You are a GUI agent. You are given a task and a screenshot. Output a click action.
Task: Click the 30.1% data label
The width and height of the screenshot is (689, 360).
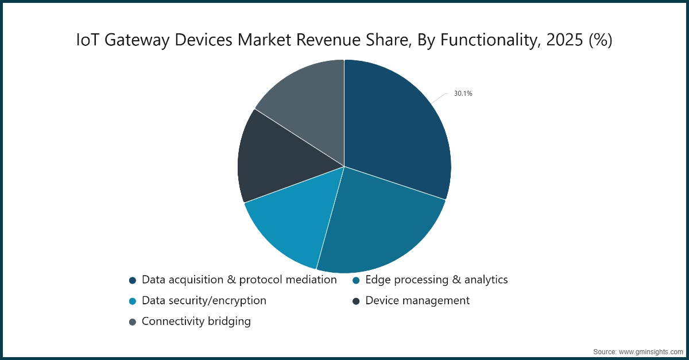coord(463,93)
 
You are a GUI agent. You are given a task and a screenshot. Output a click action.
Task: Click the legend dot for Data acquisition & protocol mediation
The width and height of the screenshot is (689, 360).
coord(133,280)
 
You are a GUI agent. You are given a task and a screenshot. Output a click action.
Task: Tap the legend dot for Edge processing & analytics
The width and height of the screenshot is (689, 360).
coord(356,280)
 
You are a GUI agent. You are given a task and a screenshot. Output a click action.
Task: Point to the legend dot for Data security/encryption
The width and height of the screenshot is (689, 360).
coord(133,301)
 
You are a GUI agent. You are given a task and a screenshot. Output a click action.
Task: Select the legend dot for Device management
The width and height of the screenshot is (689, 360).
coord(356,301)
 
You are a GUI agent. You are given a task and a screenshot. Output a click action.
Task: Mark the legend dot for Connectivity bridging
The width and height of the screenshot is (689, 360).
coord(133,322)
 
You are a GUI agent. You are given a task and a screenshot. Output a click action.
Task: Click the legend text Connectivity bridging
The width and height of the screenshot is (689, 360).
coord(196,322)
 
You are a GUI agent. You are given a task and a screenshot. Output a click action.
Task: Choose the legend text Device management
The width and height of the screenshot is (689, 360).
coord(417,301)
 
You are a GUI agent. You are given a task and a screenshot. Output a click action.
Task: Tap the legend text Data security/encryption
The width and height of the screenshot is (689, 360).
coord(204,301)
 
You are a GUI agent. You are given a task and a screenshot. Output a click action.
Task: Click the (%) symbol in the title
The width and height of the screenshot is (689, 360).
coord(599,40)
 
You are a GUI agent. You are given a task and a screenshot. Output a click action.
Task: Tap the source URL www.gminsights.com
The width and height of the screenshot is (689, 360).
coord(650,350)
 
